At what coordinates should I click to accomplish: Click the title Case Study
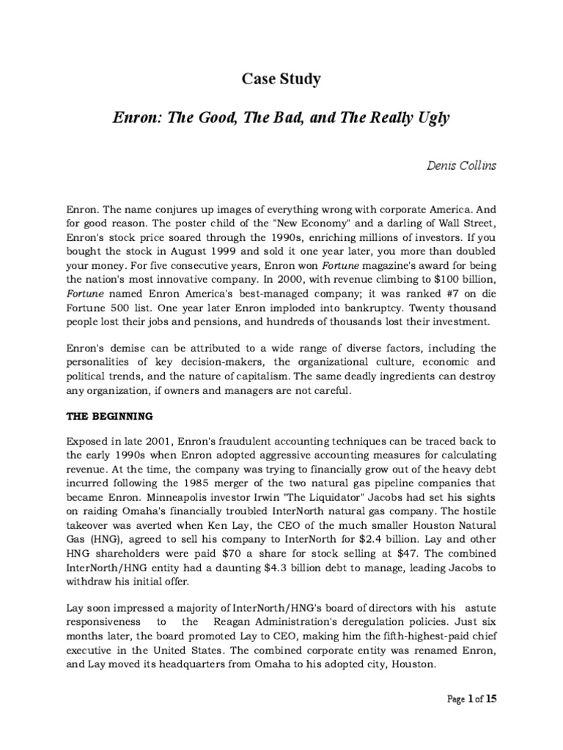click(x=281, y=80)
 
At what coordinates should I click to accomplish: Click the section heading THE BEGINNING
click(x=110, y=416)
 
